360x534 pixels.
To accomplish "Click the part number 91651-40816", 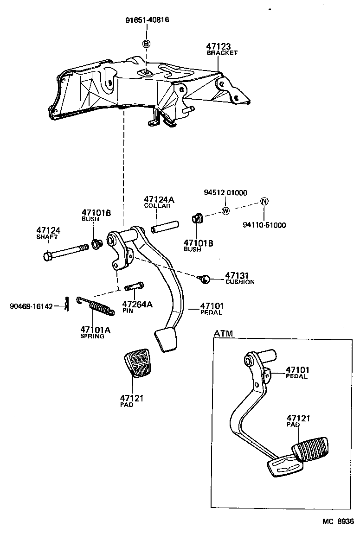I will point(147,20).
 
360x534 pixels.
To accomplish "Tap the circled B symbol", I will point(146,44).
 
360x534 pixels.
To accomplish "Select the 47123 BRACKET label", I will point(222,49).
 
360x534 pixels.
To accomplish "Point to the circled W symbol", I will point(226,211).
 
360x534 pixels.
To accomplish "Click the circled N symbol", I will point(264,201).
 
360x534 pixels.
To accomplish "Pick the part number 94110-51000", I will point(264,225).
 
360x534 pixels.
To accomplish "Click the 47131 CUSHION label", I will point(239,278).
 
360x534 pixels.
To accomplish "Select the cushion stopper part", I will point(205,279).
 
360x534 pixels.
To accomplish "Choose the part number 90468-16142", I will point(31,306).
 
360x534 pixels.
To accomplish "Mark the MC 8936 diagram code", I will point(338,521).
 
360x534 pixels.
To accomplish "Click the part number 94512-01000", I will point(225,193).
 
